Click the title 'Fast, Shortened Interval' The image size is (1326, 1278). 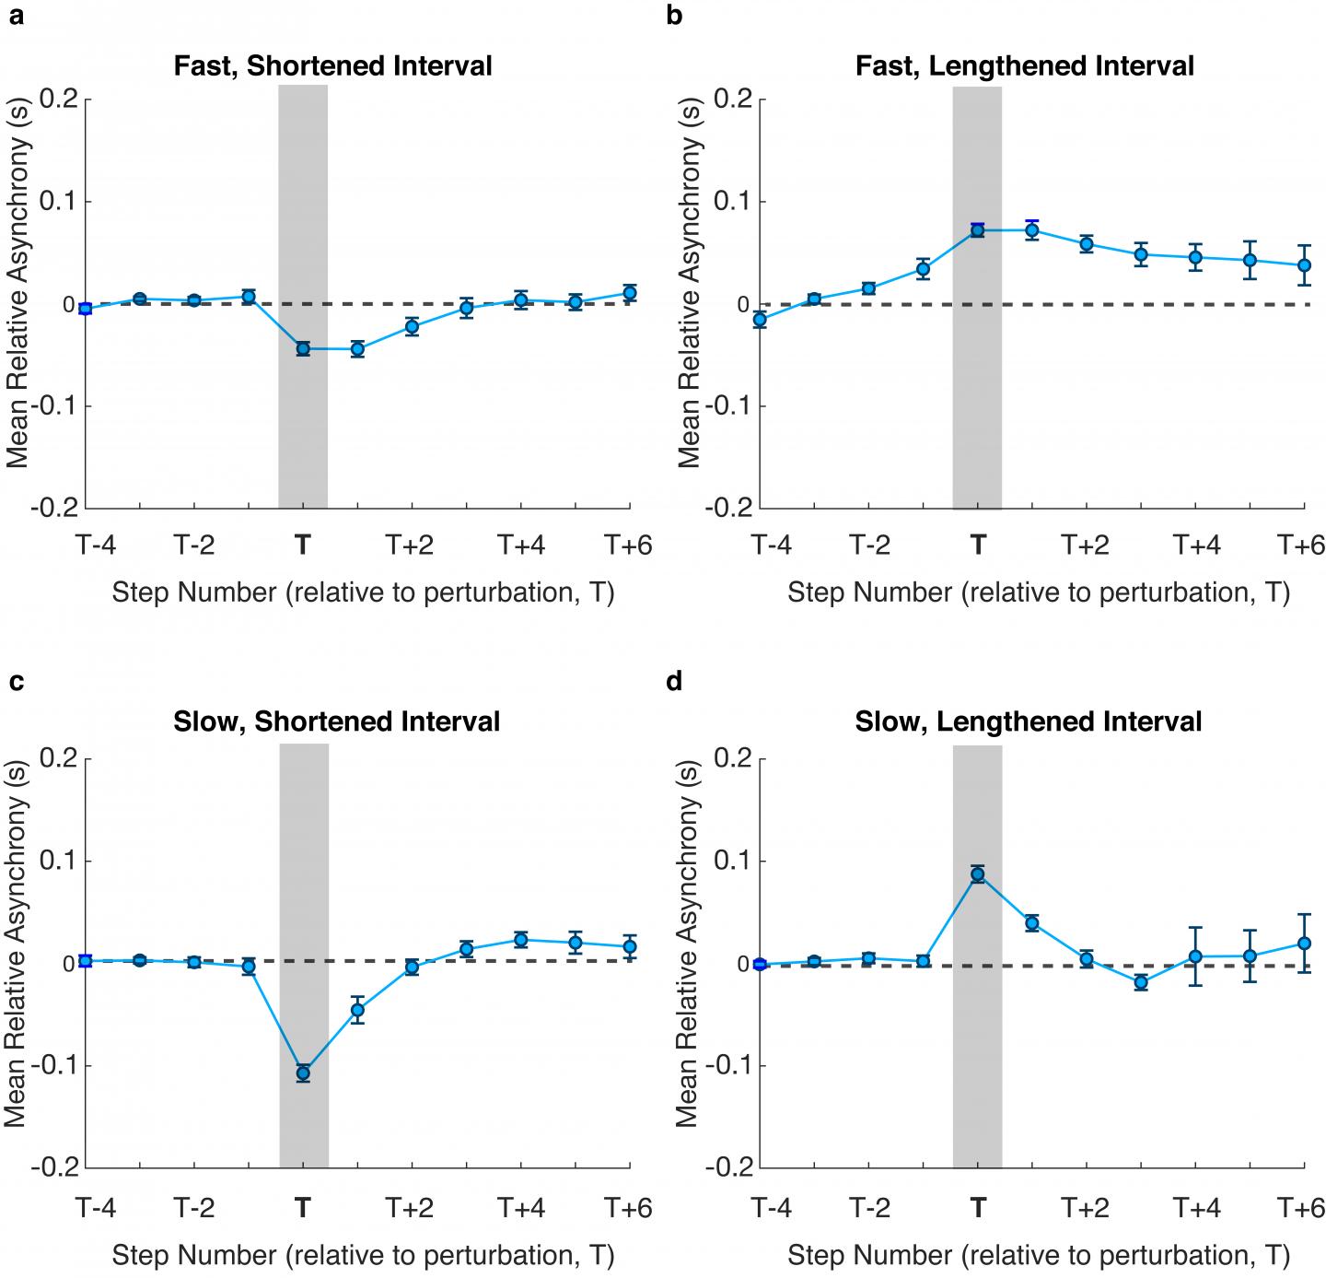332,66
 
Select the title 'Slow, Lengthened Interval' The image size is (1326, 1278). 1029,721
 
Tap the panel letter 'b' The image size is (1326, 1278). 674,16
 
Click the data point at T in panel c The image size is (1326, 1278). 303,1073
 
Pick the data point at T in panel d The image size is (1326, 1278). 978,874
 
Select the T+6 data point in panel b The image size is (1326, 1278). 1304,265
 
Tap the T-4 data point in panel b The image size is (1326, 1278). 760,320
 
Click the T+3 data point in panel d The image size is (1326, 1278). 1141,982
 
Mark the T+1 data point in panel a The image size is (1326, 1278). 357,349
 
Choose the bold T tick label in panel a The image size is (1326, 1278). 303,545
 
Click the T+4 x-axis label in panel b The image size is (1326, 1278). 1195,545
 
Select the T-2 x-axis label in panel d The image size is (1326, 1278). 868,1206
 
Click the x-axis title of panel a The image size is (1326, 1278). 363,592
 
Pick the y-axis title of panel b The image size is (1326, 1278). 691,303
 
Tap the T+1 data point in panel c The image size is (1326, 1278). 357,1010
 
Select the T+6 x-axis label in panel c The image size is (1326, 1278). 628,1206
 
